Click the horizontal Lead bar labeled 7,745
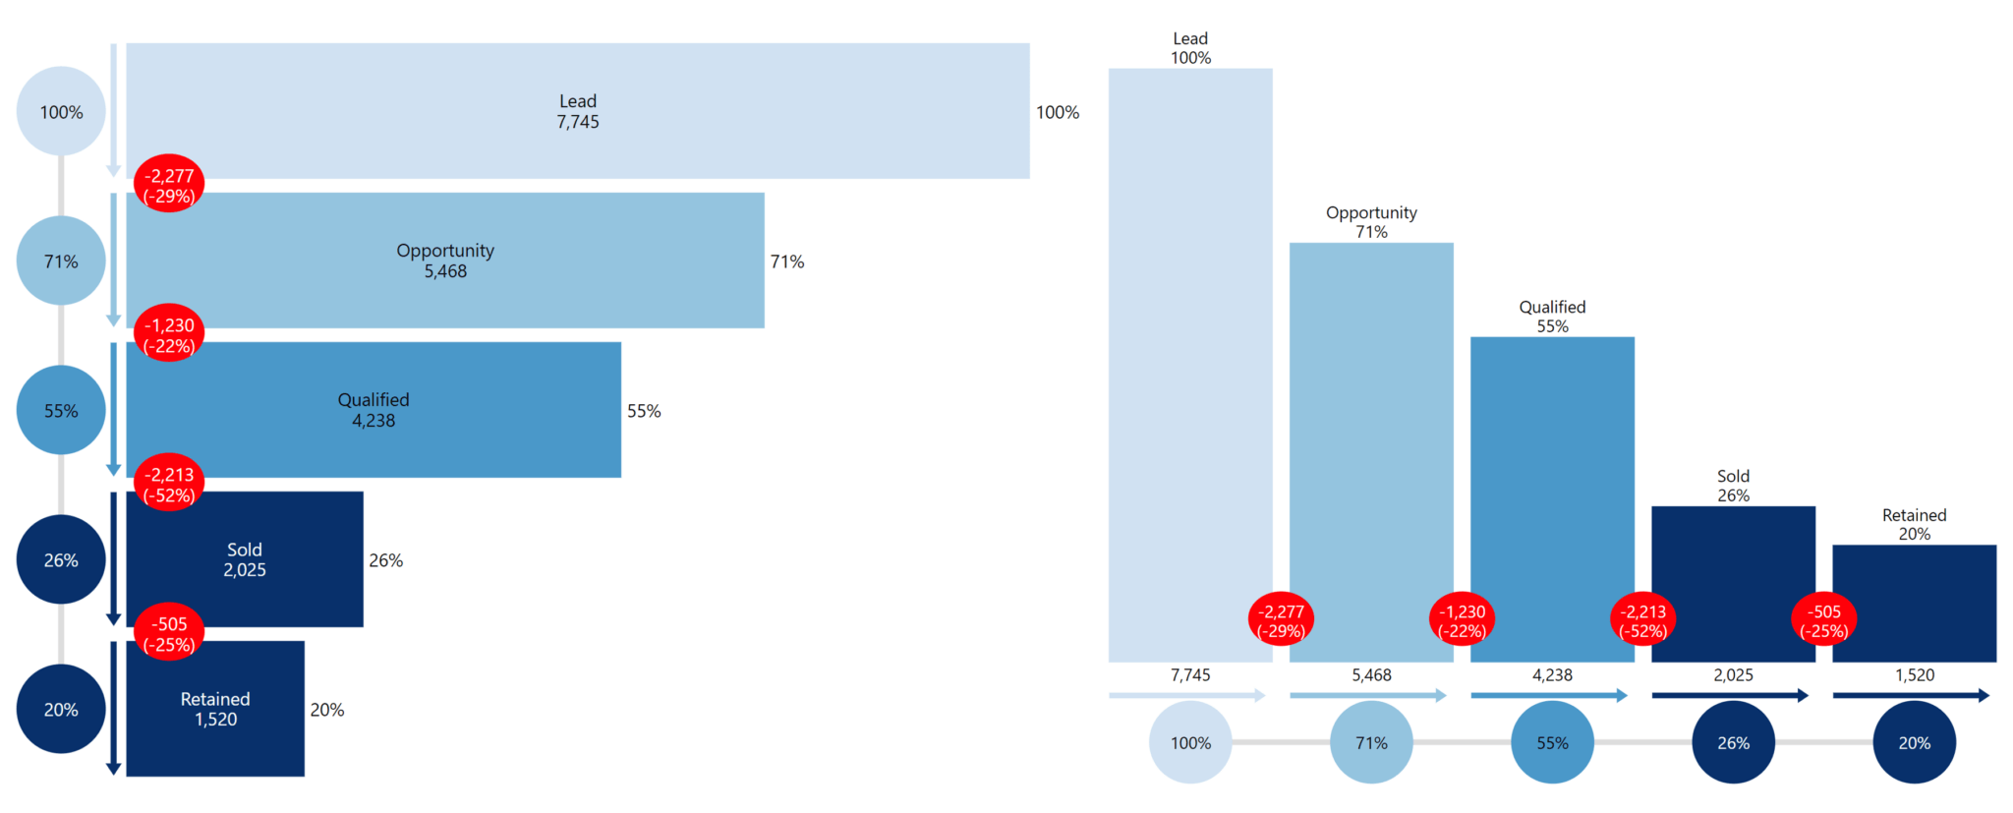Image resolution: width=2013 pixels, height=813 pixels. click(578, 111)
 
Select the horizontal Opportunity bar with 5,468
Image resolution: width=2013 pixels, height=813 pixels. click(445, 261)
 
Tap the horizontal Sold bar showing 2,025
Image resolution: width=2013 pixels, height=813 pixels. click(245, 559)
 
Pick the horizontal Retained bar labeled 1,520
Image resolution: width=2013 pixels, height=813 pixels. click(215, 709)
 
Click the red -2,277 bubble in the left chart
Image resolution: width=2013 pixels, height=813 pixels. click(169, 186)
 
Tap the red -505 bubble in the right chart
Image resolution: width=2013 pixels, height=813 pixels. click(1824, 621)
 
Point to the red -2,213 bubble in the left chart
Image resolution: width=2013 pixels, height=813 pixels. click(169, 485)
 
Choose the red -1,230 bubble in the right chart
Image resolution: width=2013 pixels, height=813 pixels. click(1462, 621)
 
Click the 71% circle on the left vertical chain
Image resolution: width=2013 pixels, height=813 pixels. click(61, 261)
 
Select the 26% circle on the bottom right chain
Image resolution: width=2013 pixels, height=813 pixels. click(1733, 743)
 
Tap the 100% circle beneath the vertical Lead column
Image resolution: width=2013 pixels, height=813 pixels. click(1190, 743)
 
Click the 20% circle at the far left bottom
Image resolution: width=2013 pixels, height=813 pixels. click(61, 710)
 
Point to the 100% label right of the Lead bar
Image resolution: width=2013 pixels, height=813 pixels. click(1058, 113)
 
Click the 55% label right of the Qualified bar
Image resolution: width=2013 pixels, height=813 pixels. click(644, 411)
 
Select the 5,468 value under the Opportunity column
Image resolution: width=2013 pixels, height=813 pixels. click(1371, 675)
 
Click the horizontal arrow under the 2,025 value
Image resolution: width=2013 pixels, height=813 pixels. click(1730, 696)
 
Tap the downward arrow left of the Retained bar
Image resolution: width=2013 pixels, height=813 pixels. click(114, 708)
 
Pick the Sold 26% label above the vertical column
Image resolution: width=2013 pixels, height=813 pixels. click(1733, 486)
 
